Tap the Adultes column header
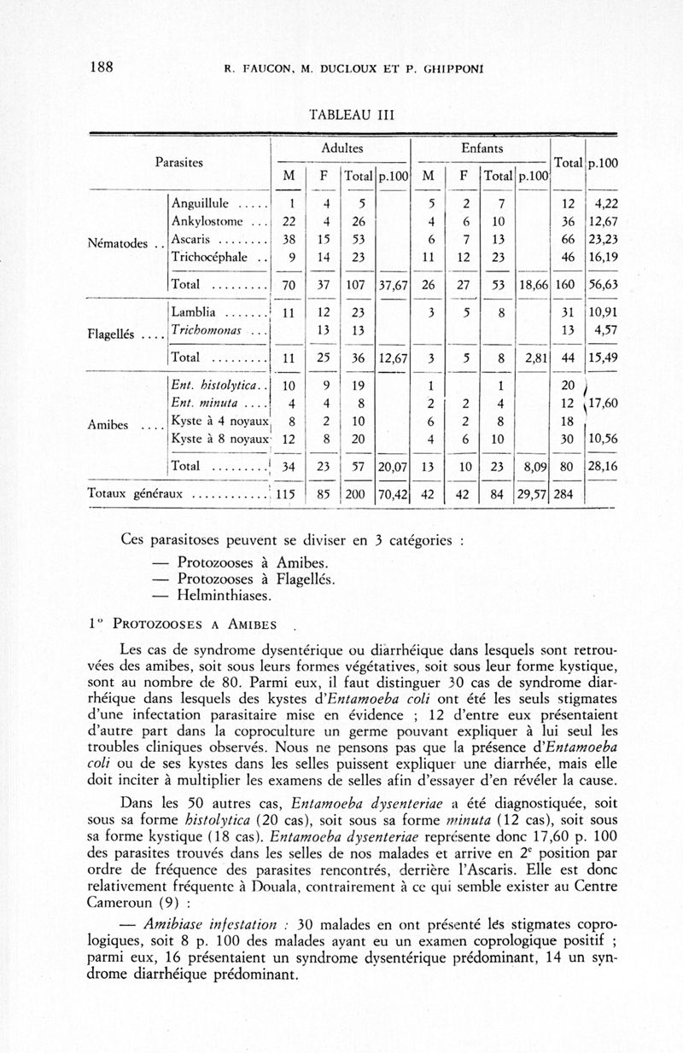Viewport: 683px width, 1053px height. [340, 148]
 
